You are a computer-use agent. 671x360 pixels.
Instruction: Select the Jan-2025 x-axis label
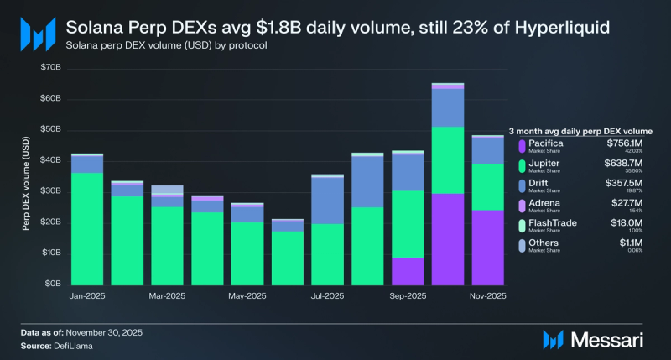pos(86,296)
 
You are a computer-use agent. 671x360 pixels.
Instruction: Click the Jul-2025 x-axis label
pos(327,296)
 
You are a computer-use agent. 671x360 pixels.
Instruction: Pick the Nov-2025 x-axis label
pos(487,296)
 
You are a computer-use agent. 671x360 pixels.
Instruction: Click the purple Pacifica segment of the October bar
pos(448,239)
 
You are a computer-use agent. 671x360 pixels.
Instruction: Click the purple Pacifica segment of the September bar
pos(408,270)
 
